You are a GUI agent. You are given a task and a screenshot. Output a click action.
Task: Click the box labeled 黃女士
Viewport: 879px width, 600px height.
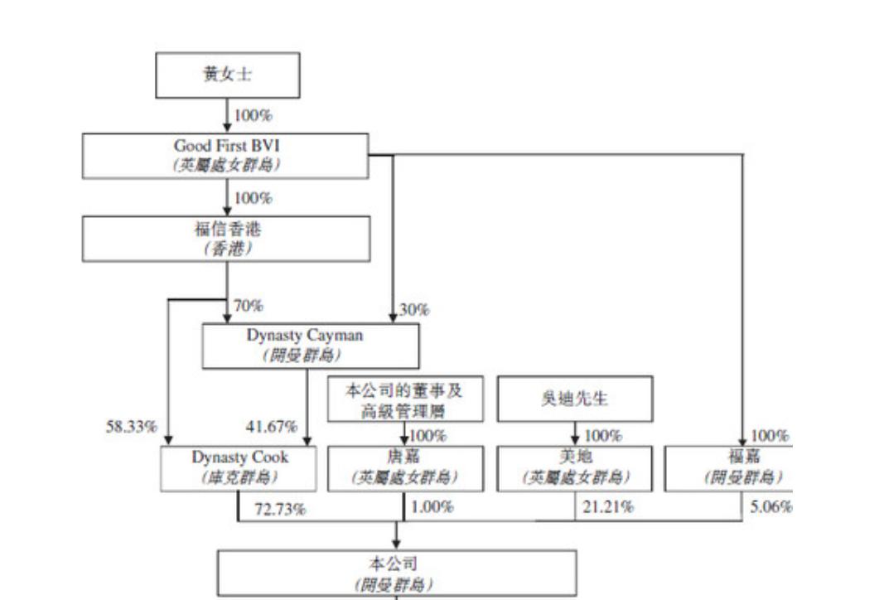[228, 75]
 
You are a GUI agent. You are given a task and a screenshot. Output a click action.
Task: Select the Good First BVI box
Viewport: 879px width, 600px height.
[226, 155]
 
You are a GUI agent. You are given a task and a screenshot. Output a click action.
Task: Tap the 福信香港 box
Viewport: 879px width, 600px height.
[226, 239]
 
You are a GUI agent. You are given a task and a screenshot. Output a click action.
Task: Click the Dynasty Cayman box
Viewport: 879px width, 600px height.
[311, 345]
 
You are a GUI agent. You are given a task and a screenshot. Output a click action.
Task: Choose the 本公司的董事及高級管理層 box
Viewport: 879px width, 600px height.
[403, 399]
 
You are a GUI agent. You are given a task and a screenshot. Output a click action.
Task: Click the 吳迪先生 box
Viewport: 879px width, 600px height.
[574, 399]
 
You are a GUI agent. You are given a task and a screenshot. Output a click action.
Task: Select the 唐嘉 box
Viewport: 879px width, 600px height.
[403, 467]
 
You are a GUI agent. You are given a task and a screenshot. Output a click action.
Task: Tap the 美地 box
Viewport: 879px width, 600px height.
[574, 467]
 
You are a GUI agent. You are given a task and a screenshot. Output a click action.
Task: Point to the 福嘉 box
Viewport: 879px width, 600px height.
[730, 467]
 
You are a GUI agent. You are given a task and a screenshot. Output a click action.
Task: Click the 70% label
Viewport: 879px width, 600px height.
[249, 306]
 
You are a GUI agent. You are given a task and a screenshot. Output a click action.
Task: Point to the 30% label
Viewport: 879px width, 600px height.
[414, 310]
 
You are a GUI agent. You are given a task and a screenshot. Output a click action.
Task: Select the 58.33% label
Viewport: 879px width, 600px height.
[131, 427]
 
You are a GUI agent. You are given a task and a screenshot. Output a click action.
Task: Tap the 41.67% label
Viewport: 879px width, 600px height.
[271, 427]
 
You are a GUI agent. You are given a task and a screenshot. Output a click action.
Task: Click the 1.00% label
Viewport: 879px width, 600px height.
[432, 506]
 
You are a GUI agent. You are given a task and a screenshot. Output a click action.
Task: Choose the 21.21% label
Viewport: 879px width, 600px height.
[608, 506]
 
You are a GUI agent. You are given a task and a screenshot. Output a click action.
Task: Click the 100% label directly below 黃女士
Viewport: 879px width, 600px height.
[253, 115]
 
